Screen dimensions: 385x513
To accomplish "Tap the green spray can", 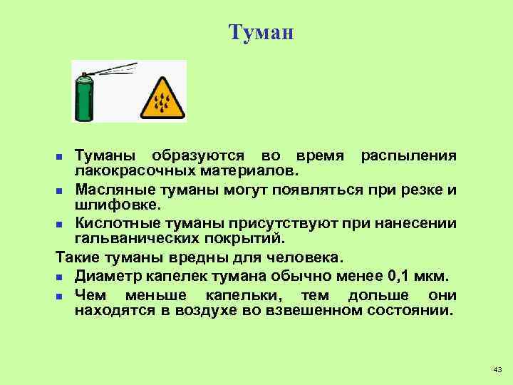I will [x=85, y=101].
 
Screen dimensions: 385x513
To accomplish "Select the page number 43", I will [x=497, y=369].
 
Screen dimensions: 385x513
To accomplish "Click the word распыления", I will [x=408, y=156].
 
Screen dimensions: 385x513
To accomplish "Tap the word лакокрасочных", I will [x=135, y=172].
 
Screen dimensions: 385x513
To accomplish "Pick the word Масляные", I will [x=109, y=190].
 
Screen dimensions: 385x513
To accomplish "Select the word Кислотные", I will [x=114, y=222].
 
